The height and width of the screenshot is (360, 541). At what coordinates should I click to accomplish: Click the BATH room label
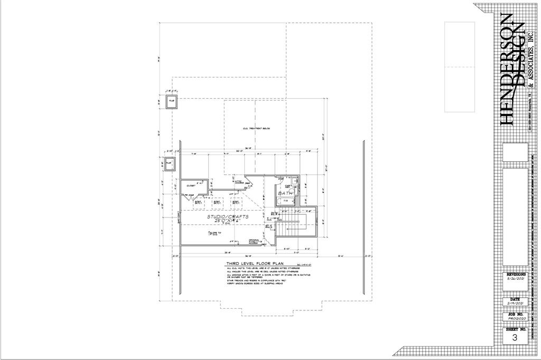pyautogui.click(x=285, y=194)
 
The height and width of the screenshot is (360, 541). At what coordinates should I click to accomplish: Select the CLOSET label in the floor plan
pyautogui.click(x=191, y=186)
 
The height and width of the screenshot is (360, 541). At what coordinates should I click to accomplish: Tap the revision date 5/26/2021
pyautogui.click(x=516, y=281)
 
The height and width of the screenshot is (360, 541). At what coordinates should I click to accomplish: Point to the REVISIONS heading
pyautogui.click(x=516, y=275)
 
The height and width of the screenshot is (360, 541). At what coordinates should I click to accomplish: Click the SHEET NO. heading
pyautogui.click(x=516, y=329)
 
